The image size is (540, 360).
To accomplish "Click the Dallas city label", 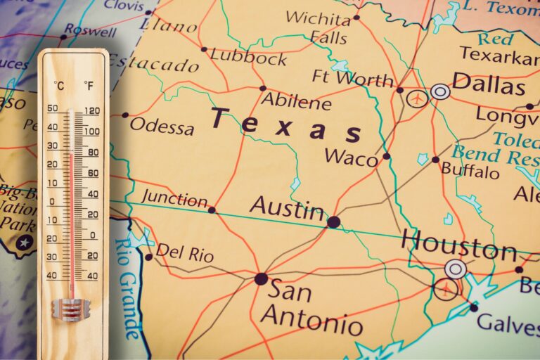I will [489, 85].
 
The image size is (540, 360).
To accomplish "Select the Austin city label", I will [288, 207].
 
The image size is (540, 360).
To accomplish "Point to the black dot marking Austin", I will [333, 222].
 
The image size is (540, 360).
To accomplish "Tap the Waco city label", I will [352, 157].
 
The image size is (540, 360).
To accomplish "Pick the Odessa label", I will [162, 127].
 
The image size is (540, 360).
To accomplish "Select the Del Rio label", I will [184, 252].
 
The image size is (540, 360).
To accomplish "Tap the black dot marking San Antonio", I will [261, 278].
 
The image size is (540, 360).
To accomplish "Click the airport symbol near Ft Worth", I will [418, 98].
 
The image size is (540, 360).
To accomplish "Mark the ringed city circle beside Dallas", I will [441, 91].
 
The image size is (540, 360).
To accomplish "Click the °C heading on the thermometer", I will [59, 86].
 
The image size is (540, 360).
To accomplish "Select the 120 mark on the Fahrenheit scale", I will [91, 110].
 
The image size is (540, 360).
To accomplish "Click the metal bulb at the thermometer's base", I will [71, 308].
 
